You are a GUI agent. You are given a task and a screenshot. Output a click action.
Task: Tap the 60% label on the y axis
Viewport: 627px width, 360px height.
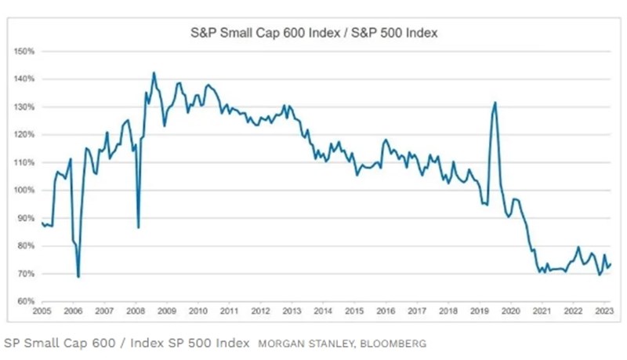(26, 301)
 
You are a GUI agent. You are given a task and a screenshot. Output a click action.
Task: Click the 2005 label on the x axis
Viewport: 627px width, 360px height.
(42, 311)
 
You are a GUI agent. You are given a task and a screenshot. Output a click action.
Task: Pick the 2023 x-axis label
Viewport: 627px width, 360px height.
(603, 311)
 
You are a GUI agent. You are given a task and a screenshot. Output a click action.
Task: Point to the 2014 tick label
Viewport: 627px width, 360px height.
(323, 311)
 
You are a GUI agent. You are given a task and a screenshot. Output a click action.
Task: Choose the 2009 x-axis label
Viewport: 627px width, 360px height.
(167, 311)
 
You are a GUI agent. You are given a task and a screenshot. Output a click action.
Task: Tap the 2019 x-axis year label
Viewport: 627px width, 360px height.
(479, 311)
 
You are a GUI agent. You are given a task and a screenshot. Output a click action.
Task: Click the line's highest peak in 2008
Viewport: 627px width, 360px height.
(153, 73)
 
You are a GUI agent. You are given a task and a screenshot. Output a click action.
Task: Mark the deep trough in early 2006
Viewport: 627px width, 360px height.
(78, 277)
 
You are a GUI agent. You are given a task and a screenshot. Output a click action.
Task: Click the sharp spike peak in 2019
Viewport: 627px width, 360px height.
(495, 103)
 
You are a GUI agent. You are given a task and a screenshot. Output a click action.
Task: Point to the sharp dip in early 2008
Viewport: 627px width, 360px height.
(138, 227)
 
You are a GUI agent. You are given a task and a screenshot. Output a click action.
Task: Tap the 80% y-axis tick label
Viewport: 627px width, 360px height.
(26, 245)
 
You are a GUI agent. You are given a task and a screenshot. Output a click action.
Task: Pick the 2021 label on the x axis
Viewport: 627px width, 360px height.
(542, 311)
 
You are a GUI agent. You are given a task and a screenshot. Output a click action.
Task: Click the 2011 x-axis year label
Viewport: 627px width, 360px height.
(229, 311)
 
